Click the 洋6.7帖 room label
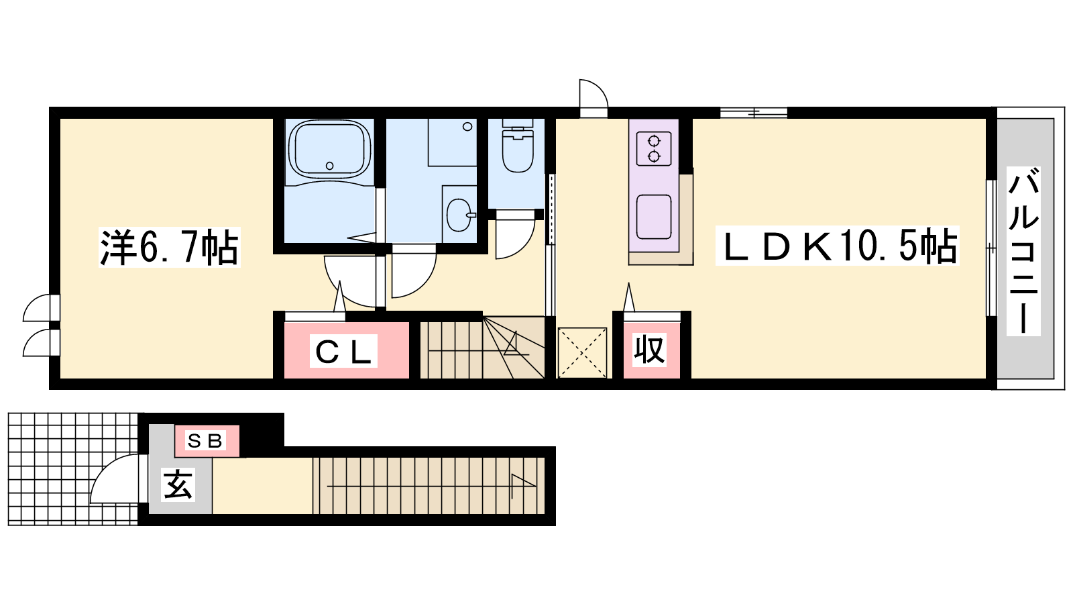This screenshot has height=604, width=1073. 170,248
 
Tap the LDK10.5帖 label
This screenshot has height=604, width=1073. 838,246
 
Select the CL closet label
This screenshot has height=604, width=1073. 343,352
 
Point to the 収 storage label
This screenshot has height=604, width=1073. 650,350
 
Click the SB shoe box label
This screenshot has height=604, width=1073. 206,440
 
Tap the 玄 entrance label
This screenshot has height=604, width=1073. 178,484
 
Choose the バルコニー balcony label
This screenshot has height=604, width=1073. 1023,251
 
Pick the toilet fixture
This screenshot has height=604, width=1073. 517,146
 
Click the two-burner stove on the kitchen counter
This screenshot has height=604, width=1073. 653,148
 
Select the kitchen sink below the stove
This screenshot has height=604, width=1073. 653,217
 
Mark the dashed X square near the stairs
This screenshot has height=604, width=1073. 583,353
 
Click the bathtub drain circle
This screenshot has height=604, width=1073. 329,166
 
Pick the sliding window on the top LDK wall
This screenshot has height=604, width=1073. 754,113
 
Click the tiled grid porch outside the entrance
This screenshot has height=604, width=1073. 73,469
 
